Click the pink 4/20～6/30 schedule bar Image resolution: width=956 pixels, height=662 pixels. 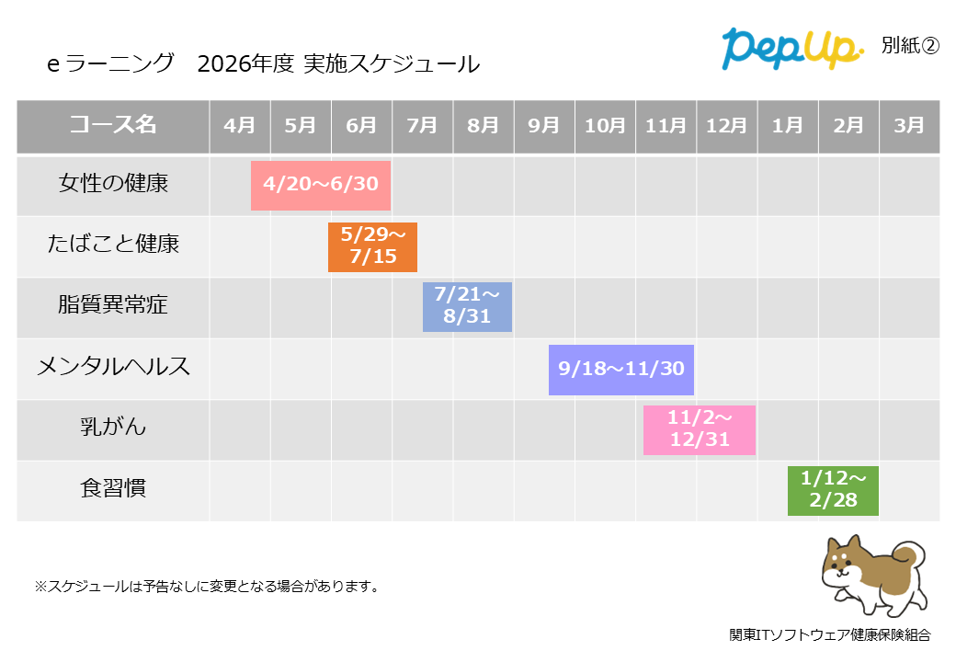(321, 184)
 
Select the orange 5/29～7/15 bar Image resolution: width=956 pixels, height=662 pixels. (372, 245)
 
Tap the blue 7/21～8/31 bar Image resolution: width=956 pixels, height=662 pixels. (467, 306)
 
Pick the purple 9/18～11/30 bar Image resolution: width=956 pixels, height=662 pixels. (621, 369)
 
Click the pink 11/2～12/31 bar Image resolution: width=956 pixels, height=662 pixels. (700, 429)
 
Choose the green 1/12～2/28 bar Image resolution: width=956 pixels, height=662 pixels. (833, 490)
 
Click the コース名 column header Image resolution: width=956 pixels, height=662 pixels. (113, 126)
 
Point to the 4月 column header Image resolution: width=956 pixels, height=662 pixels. (240, 126)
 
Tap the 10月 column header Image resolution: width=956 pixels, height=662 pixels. (605, 126)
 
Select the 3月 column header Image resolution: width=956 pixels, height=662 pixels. (909, 126)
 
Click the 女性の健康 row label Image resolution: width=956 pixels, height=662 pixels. (113, 184)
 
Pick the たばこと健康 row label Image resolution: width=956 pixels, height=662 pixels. (113, 245)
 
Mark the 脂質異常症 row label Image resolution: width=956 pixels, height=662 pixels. (113, 305)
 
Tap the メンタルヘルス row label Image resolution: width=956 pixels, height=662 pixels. (113, 367)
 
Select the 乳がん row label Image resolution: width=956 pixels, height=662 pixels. (113, 428)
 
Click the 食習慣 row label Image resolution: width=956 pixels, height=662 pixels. (113, 488)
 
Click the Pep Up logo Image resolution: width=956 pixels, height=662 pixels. (791, 48)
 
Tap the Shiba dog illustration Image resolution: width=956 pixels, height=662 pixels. (872, 575)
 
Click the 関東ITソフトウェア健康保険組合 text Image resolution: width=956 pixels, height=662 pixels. (830, 635)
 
